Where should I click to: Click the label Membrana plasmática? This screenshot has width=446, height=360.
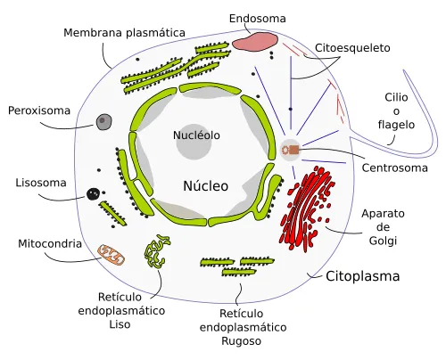(124, 33)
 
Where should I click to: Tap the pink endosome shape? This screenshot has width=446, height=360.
(255, 40)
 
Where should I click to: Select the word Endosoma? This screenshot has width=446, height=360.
(258, 17)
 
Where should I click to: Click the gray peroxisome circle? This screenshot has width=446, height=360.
(104, 121)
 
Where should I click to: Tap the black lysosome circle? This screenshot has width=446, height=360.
(93, 193)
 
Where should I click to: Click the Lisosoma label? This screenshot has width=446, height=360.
(41, 184)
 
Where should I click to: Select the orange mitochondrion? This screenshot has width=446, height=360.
(112, 254)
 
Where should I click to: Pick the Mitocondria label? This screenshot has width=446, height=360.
(50, 243)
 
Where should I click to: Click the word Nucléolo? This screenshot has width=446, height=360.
(196, 135)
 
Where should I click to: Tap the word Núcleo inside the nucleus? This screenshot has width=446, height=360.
(206, 186)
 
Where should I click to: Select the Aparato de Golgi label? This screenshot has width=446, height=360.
(384, 227)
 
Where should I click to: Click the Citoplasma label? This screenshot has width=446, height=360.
(362, 276)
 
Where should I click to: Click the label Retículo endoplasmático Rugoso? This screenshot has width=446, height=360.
(252, 328)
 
